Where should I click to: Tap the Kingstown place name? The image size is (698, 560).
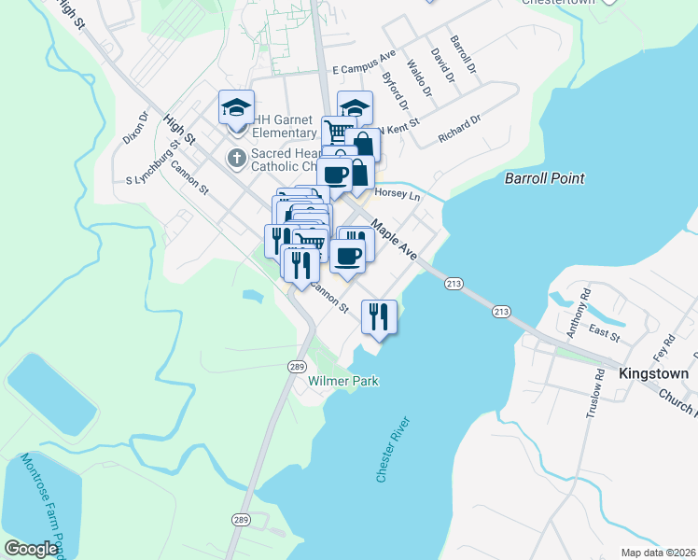tap(653, 373)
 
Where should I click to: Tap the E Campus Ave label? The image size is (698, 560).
tap(365, 69)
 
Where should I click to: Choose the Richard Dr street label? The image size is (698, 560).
tap(459, 130)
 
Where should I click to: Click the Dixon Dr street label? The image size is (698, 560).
tap(136, 129)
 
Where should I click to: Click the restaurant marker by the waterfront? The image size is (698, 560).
tap(379, 315)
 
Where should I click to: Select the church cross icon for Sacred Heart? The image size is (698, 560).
tap(236, 159)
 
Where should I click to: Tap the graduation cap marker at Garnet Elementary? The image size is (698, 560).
tap(236, 106)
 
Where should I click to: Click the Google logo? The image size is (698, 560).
tap(31, 549)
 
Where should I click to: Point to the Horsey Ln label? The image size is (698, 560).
tap(398, 196)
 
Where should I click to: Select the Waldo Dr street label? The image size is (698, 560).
tap(419, 78)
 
